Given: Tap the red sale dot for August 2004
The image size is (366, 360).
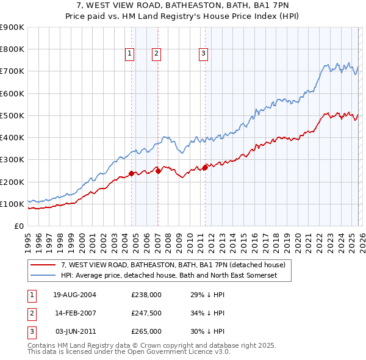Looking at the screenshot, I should click(x=131, y=173).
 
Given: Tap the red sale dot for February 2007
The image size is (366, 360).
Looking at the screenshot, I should click(x=158, y=171).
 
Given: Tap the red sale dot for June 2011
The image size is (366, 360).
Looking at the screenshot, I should click(x=205, y=167).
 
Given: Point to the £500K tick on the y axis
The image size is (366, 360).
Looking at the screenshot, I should click(x=12, y=115).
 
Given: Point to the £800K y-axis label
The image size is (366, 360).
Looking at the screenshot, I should click(x=12, y=49).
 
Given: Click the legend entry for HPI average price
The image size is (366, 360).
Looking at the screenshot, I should click(x=169, y=275).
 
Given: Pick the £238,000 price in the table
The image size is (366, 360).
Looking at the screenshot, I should click(x=146, y=295).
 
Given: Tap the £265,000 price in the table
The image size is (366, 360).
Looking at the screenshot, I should click(x=146, y=331).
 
